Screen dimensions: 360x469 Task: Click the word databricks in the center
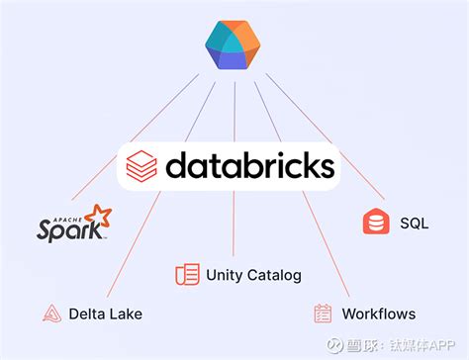pyautogui.click(x=249, y=165)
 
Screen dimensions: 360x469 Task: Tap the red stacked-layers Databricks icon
pyautogui.click(x=142, y=166)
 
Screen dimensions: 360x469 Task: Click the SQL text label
pyautogui.click(x=414, y=224)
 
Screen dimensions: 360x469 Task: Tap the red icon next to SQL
pyautogui.click(x=376, y=224)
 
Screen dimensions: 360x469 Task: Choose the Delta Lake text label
pyautogui.click(x=106, y=315)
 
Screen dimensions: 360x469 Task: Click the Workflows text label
pyautogui.click(x=378, y=315)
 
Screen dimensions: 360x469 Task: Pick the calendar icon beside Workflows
pyautogui.click(x=323, y=315)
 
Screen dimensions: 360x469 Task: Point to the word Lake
pyautogui.click(x=126, y=315)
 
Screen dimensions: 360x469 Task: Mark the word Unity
pyautogui.click(x=224, y=274)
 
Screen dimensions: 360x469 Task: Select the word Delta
pyautogui.click(x=87, y=315)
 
